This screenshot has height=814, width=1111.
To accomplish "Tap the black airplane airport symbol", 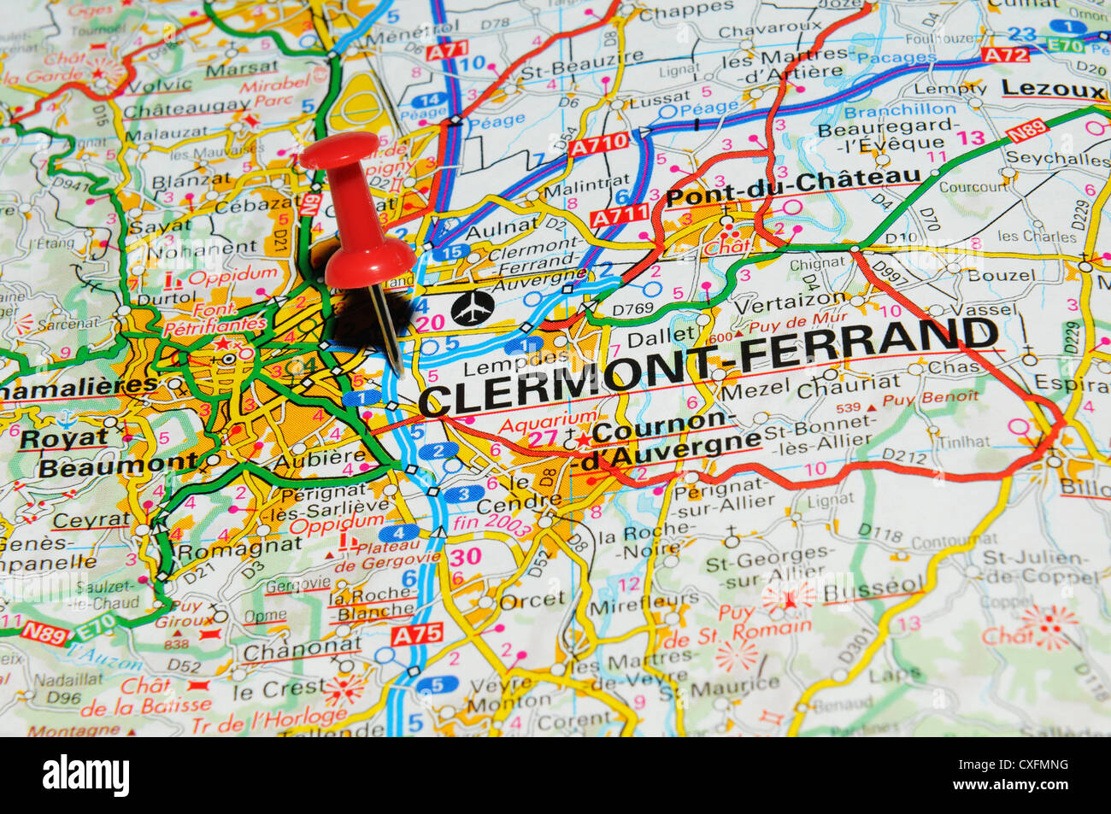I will pyautogui.click(x=472, y=307).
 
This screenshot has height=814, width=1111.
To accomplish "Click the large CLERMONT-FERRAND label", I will pyautogui.click(x=709, y=366).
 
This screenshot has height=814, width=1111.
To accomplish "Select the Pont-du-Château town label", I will pyautogui.click(x=793, y=187).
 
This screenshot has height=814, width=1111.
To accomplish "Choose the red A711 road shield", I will pyautogui.click(x=620, y=215).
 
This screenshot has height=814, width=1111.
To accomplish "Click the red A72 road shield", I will pyautogui.click(x=1005, y=54).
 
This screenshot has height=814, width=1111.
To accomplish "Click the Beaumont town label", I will pyautogui.click(x=118, y=466).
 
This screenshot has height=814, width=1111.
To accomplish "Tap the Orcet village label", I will pyautogui.click(x=532, y=600).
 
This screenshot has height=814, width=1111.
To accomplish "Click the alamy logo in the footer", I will pyautogui.click(x=86, y=776).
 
